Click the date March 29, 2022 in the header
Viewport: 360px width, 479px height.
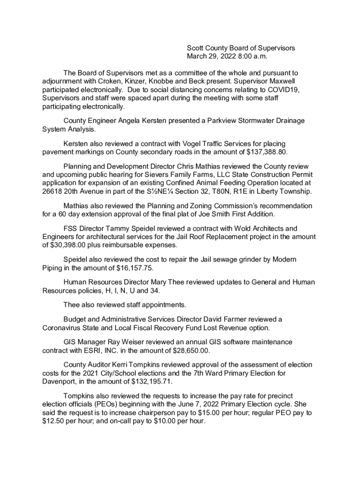[211, 57]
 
